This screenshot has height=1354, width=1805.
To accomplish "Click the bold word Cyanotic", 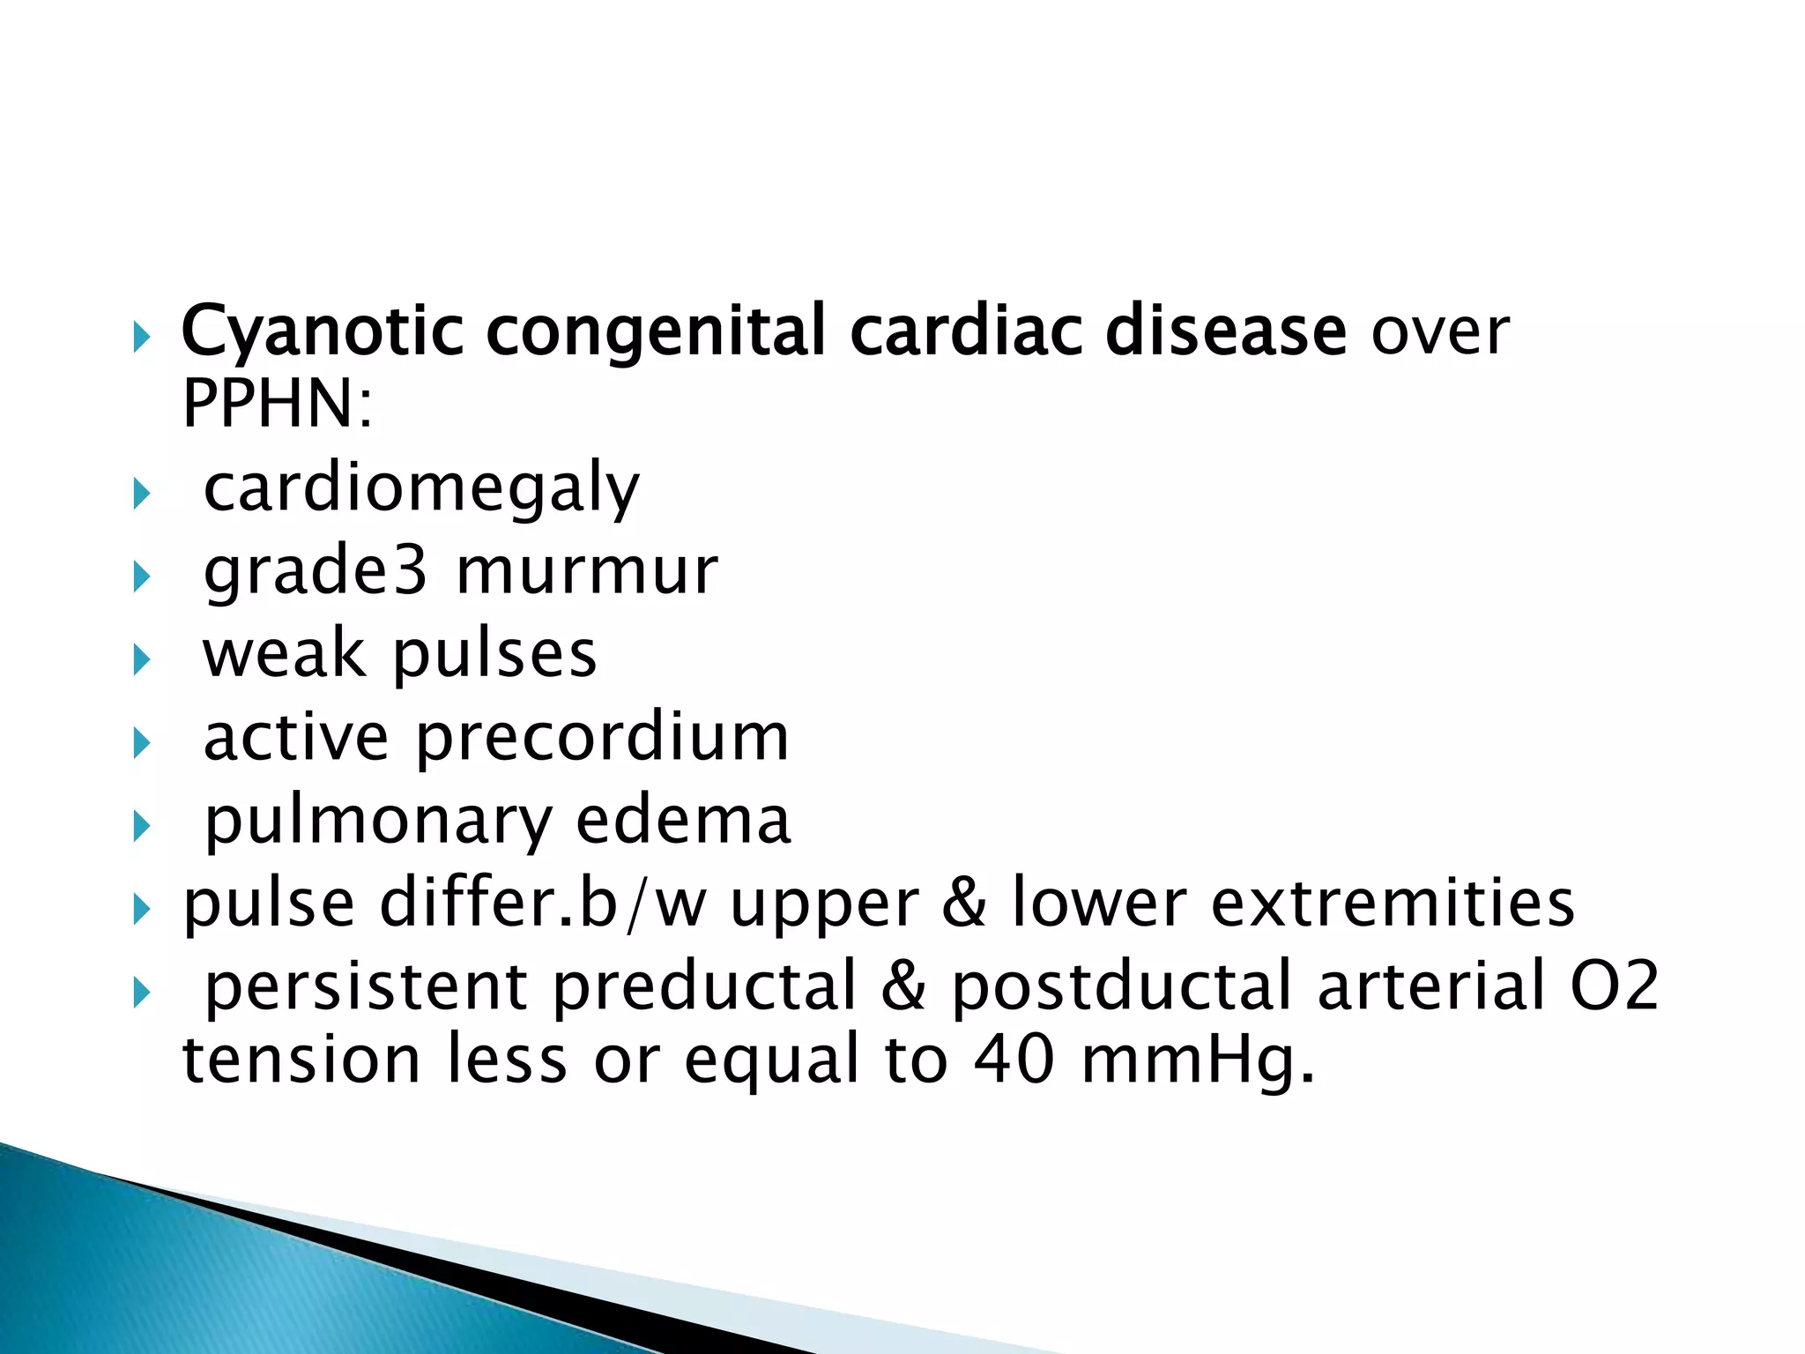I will pyautogui.click(x=322, y=331).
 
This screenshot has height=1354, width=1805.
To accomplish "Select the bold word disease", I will pyautogui.click(x=1225, y=331).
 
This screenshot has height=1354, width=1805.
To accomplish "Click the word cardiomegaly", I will pyautogui.click(x=421, y=488).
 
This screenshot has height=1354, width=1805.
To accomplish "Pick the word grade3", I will pyautogui.click(x=316, y=572).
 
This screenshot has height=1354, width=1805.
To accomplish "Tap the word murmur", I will pyautogui.click(x=587, y=571).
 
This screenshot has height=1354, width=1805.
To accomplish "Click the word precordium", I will pyautogui.click(x=602, y=737).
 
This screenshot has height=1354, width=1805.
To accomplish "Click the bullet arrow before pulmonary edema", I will pyautogui.click(x=141, y=827).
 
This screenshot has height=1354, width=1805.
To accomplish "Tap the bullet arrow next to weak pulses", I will pyautogui.click(x=141, y=660).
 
